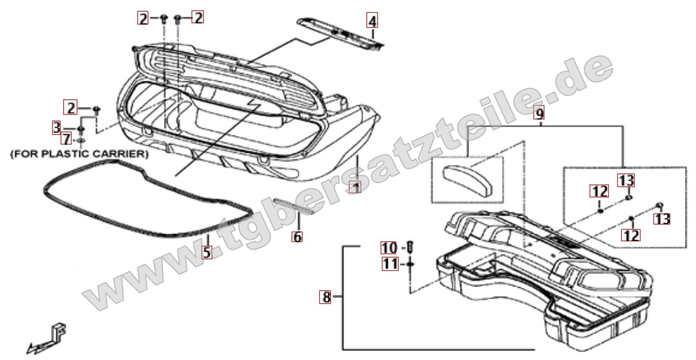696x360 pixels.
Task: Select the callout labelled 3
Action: pyautogui.click(x=57, y=127)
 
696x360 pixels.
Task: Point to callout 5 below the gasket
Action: pyautogui.click(x=206, y=252)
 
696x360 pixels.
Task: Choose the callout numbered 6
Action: pyautogui.click(x=297, y=237)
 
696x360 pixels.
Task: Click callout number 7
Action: pyautogui.click(x=66, y=139)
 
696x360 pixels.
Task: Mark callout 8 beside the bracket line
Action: pyautogui.click(x=327, y=297)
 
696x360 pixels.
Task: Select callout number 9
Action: pyautogui.click(x=539, y=114)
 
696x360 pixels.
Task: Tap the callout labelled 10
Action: pyautogui.click(x=390, y=248)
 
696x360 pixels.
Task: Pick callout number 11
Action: pyautogui.click(x=390, y=263)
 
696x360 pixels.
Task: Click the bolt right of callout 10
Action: pyautogui.click(x=410, y=246)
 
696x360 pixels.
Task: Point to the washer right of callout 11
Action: pyautogui.click(x=410, y=264)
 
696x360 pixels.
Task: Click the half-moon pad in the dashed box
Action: pyautogui.click(x=468, y=177)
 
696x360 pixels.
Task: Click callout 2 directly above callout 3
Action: pyautogui.click(x=70, y=107)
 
